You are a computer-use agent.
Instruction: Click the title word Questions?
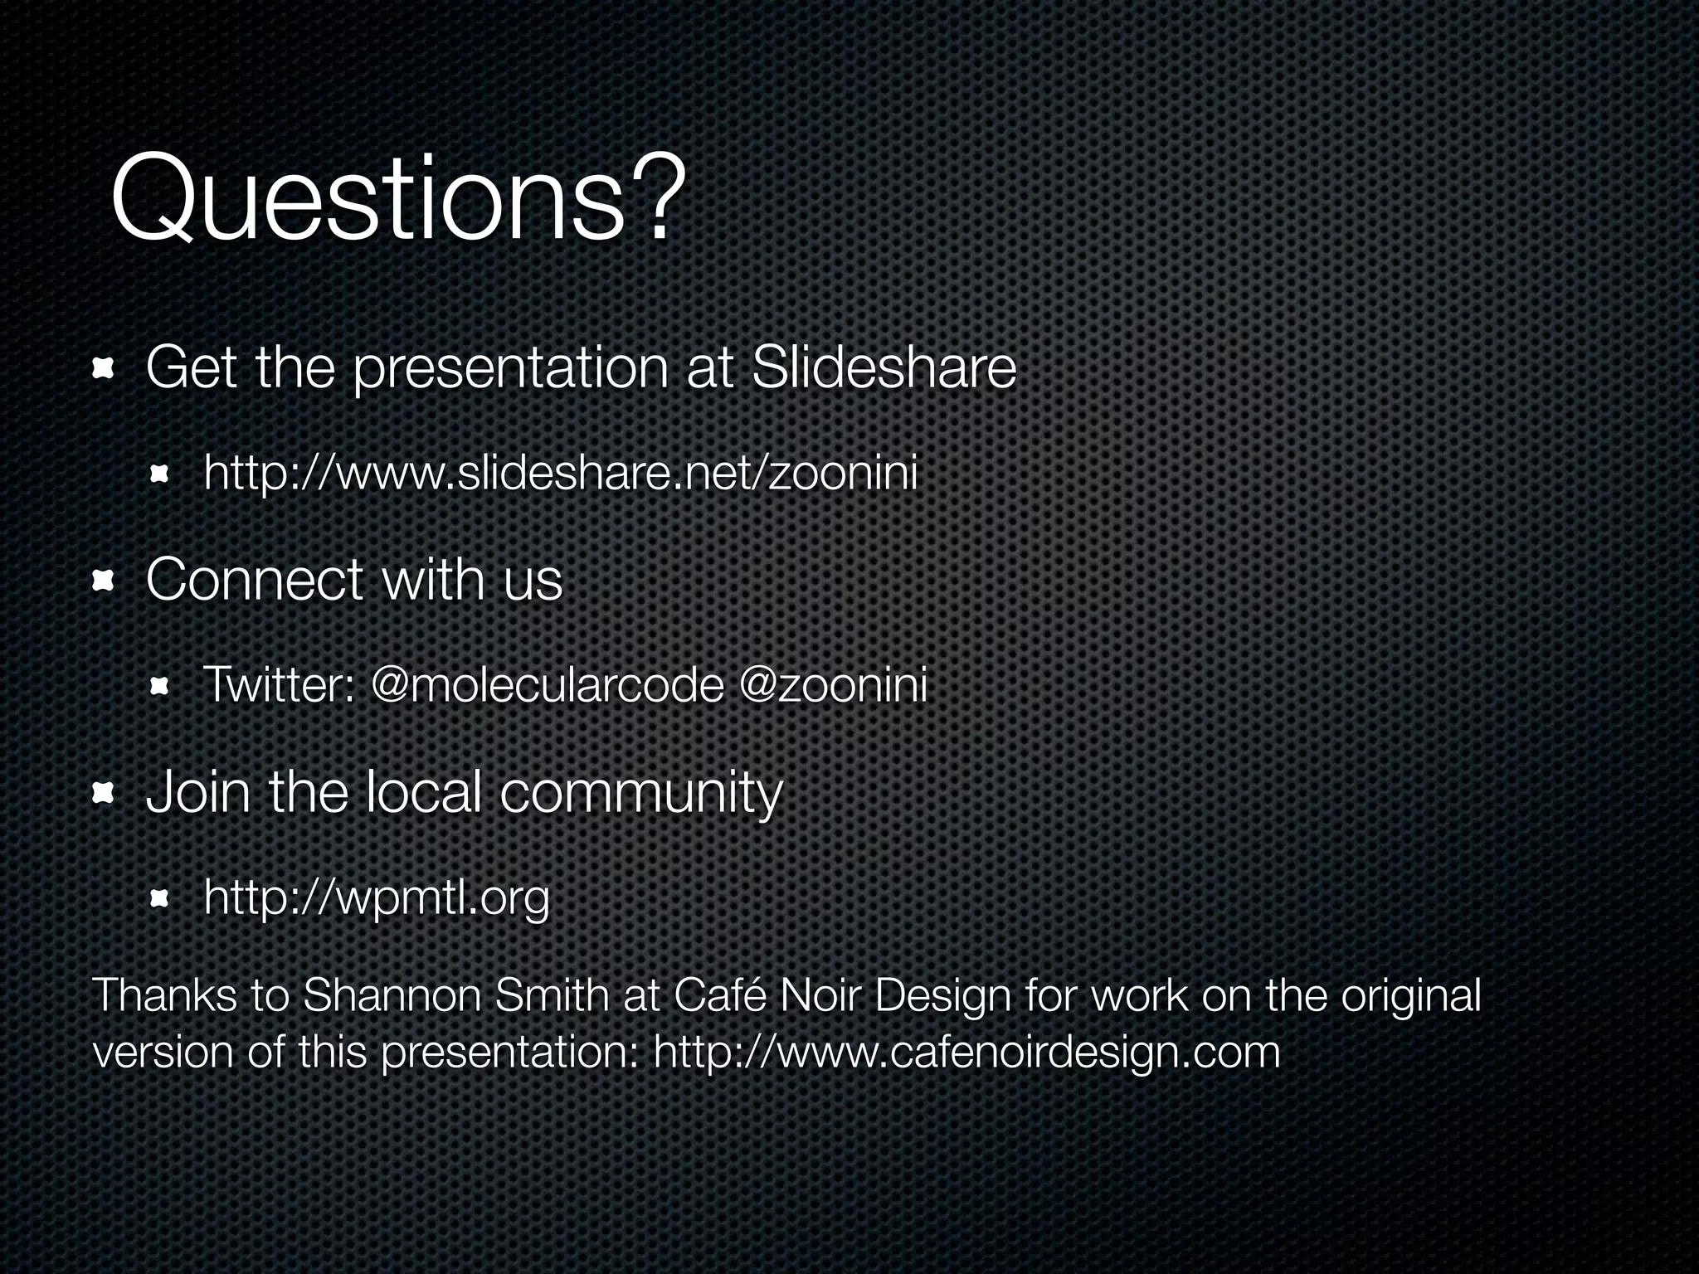398,199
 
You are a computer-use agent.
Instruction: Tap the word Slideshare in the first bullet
883,368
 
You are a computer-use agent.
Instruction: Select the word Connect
254,580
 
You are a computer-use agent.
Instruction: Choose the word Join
197,793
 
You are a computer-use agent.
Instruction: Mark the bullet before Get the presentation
103,368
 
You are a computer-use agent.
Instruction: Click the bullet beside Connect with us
103,581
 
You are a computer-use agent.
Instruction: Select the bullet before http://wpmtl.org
160,898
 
